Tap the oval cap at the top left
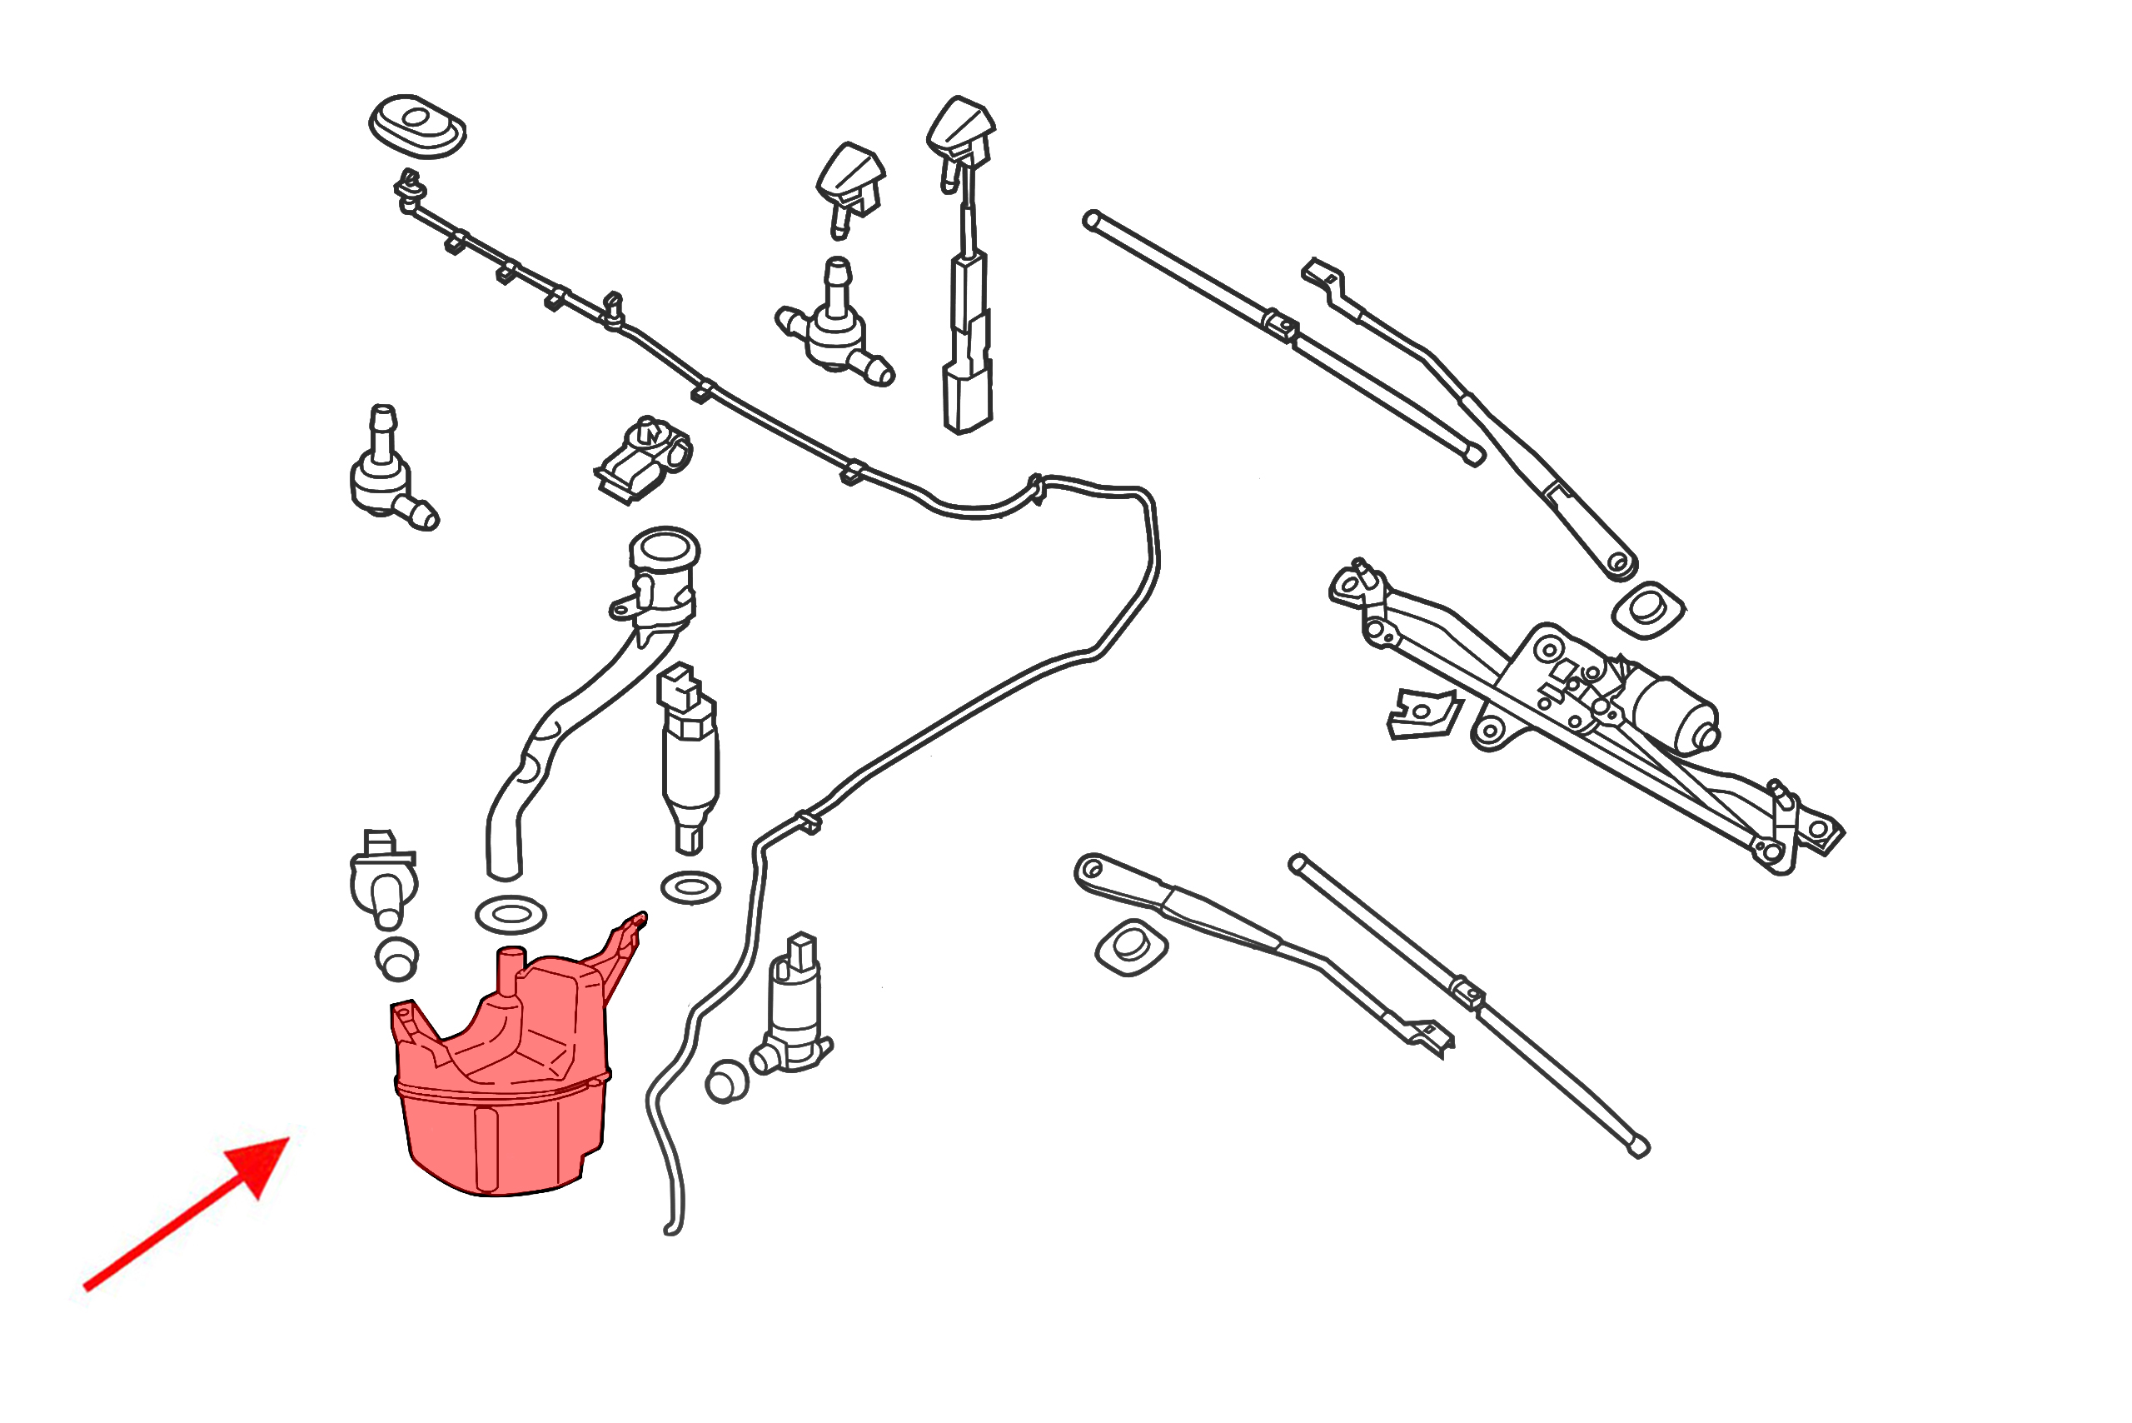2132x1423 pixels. coord(417,125)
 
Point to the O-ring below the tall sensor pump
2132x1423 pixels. coord(691,886)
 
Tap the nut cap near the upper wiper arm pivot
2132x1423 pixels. coord(1648,609)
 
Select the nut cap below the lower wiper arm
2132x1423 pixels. coord(1131,946)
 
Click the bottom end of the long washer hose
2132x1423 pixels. coord(672,1230)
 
